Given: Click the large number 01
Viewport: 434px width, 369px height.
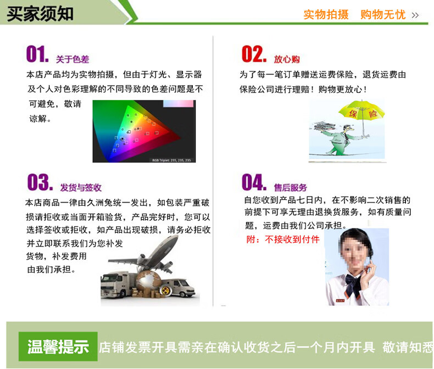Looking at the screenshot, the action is pos(37,54).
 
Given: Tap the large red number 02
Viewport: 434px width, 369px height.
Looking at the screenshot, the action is pos(254,54).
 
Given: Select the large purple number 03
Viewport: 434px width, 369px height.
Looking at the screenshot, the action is pos(40,182).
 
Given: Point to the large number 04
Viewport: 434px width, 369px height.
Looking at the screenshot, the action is pos(254,182).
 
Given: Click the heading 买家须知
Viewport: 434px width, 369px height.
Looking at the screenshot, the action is pos(40,14).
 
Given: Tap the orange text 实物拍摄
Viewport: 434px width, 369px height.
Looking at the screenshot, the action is pos(326,15).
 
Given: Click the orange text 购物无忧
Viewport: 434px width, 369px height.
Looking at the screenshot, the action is pos(383,15).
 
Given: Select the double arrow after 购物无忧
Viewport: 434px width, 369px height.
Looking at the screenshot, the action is pos(415,15).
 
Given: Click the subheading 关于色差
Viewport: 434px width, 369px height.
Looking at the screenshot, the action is pos(73,59).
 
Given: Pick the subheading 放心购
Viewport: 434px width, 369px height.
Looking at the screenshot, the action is pos(287,59).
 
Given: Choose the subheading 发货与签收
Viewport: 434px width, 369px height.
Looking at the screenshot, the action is pos(81,188).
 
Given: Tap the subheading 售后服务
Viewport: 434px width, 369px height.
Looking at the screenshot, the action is pos(291,188).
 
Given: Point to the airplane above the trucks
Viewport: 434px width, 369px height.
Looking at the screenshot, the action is pos(147,256).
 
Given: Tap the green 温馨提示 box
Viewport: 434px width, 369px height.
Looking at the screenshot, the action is pos(58,346).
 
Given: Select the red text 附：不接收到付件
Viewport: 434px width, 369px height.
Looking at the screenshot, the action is pos(283,239).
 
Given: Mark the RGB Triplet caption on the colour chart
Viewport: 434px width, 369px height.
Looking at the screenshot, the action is pos(171,160).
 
